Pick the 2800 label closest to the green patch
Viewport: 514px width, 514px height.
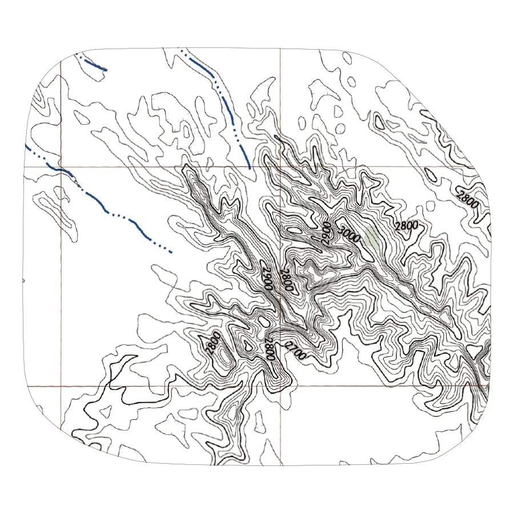point(407,226)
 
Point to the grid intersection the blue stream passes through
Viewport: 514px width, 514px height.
point(61,167)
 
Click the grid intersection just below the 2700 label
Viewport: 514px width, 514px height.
point(280,386)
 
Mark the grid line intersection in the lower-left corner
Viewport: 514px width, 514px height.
point(61,386)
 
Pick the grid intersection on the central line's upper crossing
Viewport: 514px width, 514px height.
point(280,167)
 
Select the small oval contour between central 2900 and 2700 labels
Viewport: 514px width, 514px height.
point(264,322)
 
